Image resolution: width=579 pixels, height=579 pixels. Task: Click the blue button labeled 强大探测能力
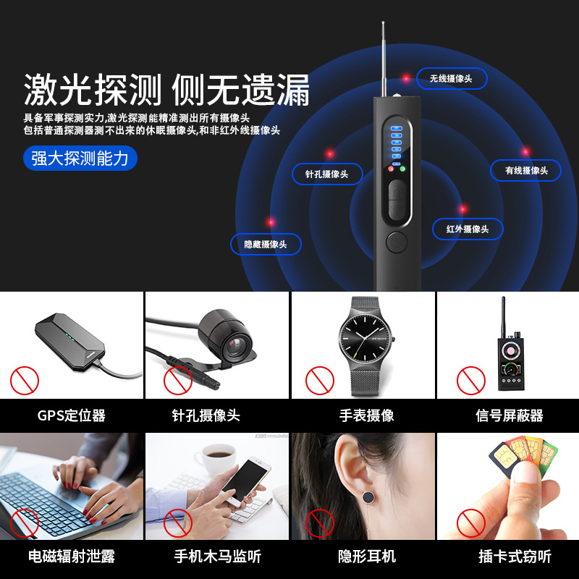click(x=80, y=158)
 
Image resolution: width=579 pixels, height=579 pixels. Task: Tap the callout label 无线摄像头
click(x=450, y=78)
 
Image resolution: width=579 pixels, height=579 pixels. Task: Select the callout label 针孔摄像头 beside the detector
click(x=326, y=174)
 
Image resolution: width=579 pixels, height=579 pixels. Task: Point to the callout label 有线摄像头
click(x=526, y=170)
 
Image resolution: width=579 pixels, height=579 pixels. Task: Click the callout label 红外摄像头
click(x=468, y=229)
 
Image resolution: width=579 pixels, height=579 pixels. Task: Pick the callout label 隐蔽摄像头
click(x=266, y=244)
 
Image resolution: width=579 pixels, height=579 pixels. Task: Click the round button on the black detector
click(x=397, y=242)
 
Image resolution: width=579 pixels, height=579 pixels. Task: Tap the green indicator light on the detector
click(x=402, y=169)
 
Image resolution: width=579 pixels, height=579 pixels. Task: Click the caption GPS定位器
click(x=72, y=415)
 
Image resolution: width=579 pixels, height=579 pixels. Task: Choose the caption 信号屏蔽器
click(x=510, y=415)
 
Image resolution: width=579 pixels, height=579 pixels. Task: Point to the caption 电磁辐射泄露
click(x=72, y=557)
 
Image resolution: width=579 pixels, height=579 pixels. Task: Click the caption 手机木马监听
click(x=217, y=557)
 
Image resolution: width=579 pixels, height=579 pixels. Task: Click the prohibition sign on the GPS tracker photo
click(x=24, y=379)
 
